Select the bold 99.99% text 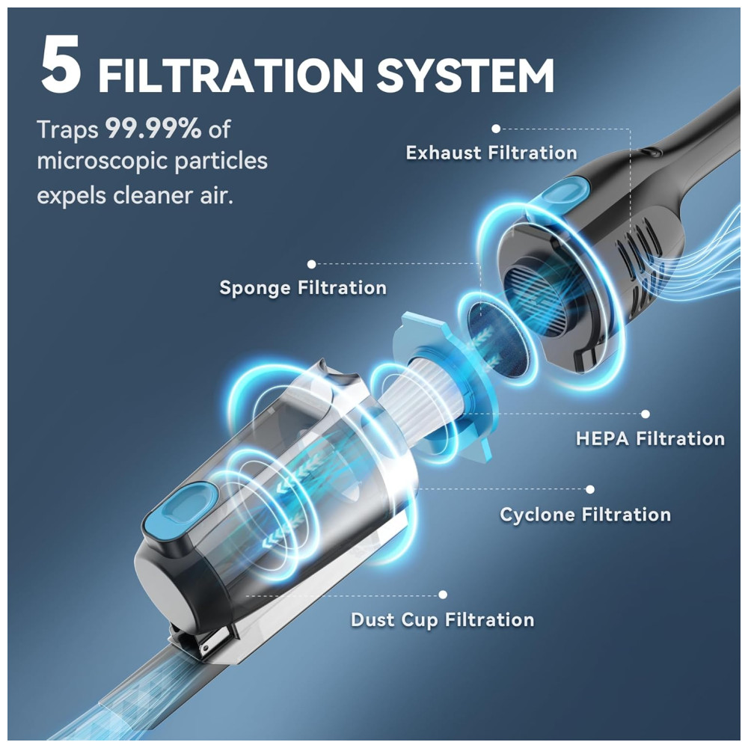coord(153,129)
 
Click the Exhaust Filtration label coord(491,153)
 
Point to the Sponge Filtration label coord(303,288)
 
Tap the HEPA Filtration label coord(650,438)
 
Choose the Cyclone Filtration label coord(585,515)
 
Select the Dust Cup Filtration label coord(442,620)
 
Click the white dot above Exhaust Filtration coord(496,129)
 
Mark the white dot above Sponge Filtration coord(311,264)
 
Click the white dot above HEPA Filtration coord(645,414)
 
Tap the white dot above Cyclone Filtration coord(589,489)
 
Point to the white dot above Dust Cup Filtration coord(443,595)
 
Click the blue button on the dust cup coord(179,505)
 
